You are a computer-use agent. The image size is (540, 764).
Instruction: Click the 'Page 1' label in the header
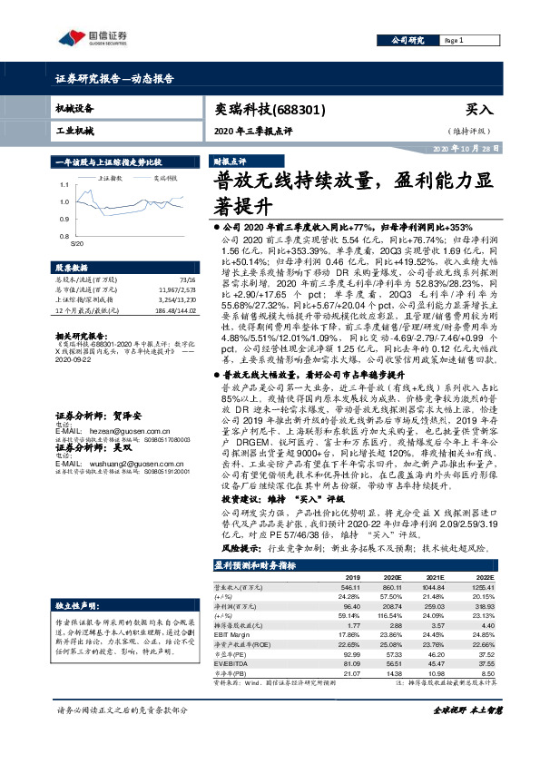(x=456, y=41)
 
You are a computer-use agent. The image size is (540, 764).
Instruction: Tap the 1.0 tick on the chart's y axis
(x=64, y=202)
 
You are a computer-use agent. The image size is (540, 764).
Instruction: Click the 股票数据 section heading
(x=72, y=269)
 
